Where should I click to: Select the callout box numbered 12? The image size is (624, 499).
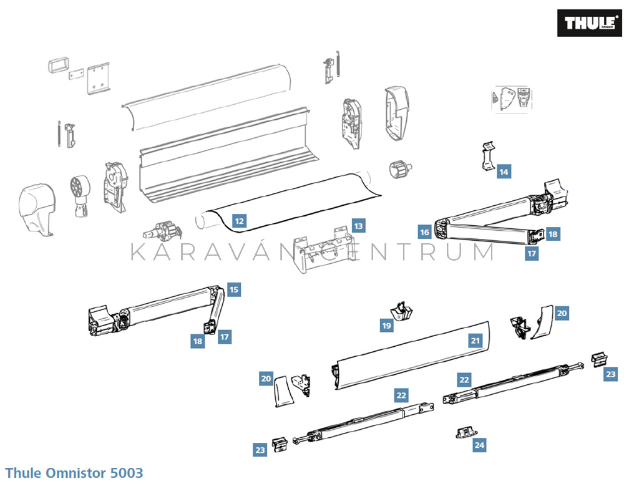[239, 220]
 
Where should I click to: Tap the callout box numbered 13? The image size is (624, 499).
[358, 226]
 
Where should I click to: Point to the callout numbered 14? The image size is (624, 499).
[504, 172]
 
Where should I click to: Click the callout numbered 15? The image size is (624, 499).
[233, 289]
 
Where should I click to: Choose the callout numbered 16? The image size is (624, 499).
[425, 233]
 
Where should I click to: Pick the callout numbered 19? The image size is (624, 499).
[387, 325]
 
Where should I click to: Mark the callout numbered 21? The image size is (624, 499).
[475, 341]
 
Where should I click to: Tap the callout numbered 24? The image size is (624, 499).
[479, 445]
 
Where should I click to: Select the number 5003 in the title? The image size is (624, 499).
[127, 473]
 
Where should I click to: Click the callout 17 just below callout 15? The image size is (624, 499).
[225, 337]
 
